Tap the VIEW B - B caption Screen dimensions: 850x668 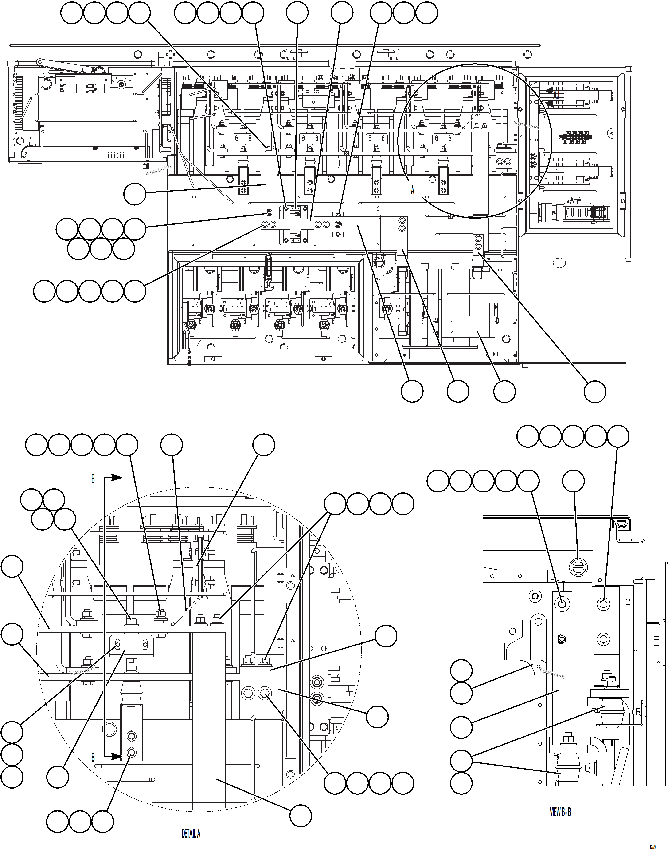point(560,812)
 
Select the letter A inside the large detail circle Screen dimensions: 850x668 point(412,190)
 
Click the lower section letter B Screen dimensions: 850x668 point(93,758)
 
